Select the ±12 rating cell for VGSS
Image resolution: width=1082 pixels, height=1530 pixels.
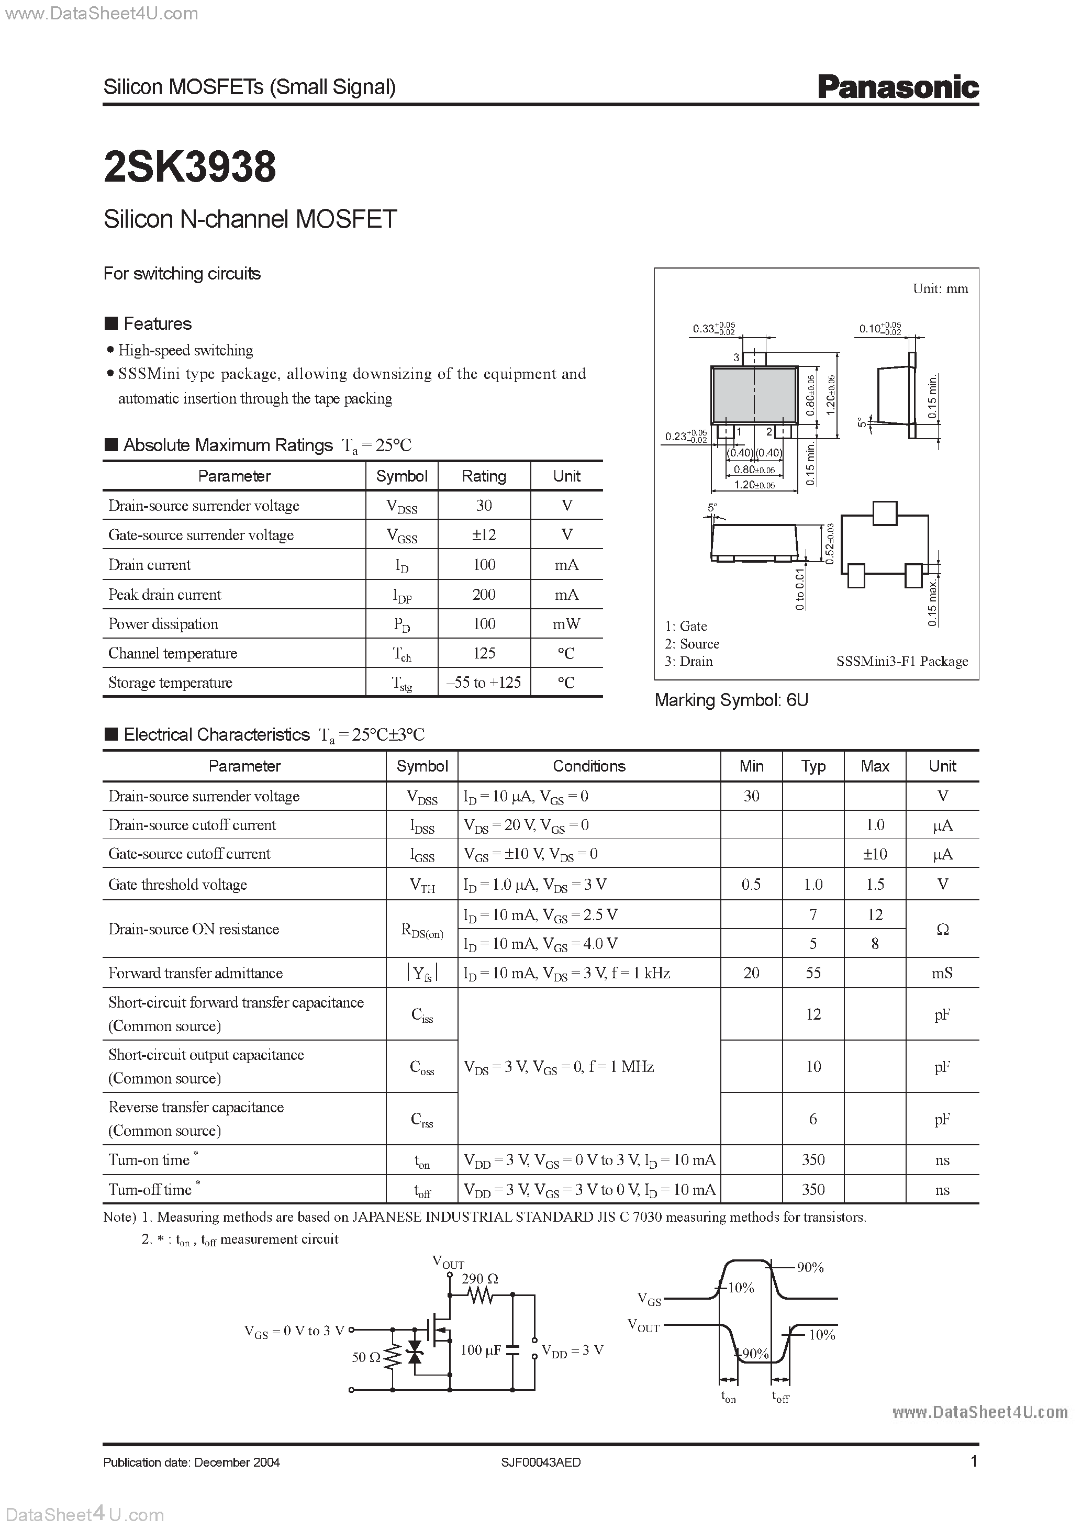click(484, 534)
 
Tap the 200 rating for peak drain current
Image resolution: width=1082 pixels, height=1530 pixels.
click(484, 595)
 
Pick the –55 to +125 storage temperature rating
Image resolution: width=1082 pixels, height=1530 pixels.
click(484, 683)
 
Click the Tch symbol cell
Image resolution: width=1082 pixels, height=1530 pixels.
click(401, 654)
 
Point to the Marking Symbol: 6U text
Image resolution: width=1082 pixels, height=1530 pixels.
click(731, 700)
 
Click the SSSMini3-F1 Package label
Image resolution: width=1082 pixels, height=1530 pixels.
click(901, 661)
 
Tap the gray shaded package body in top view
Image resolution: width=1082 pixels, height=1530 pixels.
click(754, 395)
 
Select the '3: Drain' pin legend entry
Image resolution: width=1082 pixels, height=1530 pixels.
click(688, 661)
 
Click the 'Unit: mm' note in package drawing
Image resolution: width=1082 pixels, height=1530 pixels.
click(940, 288)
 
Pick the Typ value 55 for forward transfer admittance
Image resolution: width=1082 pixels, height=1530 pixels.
click(813, 973)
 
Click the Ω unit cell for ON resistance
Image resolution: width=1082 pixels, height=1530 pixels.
click(942, 929)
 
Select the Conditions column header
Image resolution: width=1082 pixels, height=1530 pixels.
click(589, 766)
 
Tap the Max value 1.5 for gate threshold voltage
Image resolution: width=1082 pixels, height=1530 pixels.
click(875, 884)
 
